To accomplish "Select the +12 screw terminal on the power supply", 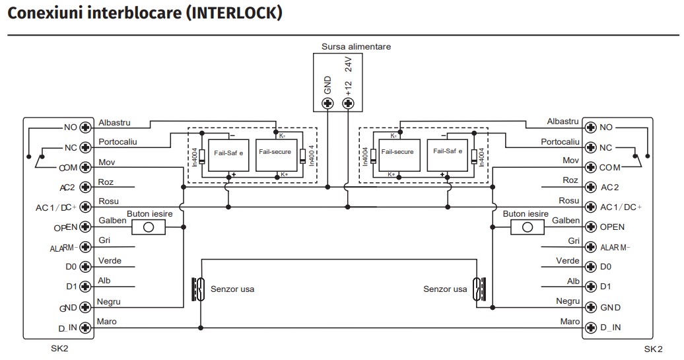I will tap(348, 103).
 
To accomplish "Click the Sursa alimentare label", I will tap(356, 47).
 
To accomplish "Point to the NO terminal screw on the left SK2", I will tap(85, 127).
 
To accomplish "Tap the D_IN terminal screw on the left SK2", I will tap(85, 327).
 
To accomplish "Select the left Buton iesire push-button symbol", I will tap(149, 227).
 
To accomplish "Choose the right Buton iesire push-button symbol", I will tap(527, 227).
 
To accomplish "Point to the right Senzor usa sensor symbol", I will tap(479, 289).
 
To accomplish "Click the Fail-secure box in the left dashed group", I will tap(275, 153).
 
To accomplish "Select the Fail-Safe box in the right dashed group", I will tap(447, 151).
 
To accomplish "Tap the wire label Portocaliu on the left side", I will tap(117, 142).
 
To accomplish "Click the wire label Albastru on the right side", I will tap(563, 122).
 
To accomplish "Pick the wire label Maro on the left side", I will tap(107, 322).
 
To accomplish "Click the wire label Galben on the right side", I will tap(566, 221).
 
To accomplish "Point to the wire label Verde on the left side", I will tap(109, 261).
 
